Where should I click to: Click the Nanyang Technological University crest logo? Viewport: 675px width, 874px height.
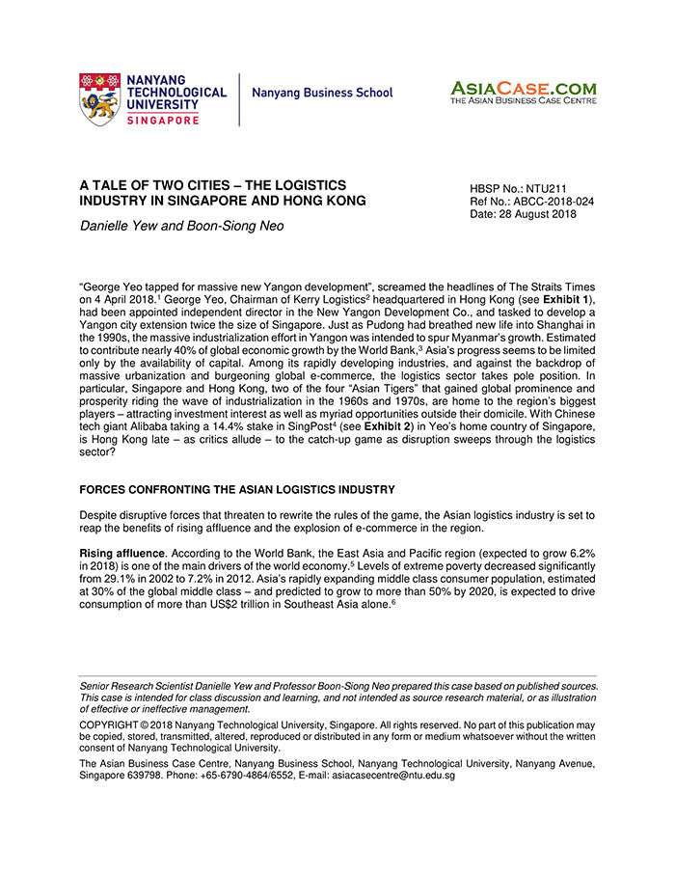(x=100, y=98)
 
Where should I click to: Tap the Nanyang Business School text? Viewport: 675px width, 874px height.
(x=322, y=94)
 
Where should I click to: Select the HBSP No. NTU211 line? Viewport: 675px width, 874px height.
(x=512, y=189)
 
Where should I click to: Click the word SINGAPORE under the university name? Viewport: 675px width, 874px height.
(x=163, y=120)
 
